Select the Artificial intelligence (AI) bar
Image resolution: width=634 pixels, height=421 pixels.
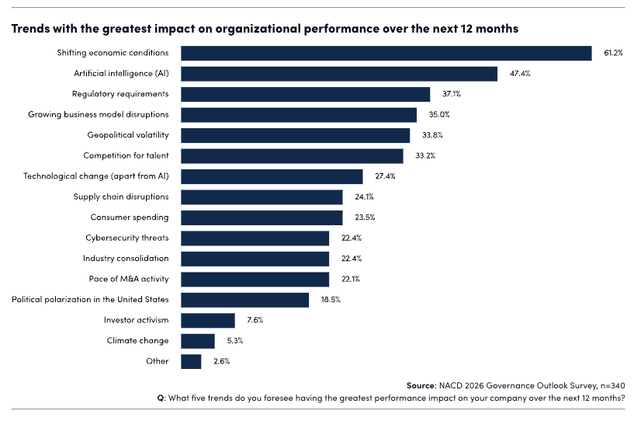(339, 74)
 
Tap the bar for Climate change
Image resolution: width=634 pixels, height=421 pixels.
(198, 340)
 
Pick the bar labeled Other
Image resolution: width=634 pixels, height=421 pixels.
(191, 361)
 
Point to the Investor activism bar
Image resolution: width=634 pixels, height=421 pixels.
(208, 320)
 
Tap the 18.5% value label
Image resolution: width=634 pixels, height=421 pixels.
(331, 299)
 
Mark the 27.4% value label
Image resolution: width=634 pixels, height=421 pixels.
(385, 176)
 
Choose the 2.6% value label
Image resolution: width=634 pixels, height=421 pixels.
(222, 361)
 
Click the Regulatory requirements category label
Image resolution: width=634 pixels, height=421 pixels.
(120, 94)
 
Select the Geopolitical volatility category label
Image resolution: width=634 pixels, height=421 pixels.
(127, 135)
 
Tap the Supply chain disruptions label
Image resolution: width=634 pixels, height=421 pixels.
(121, 197)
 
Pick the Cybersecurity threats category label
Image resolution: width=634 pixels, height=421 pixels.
(127, 238)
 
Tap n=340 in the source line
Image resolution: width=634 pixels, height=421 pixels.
(611, 385)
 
